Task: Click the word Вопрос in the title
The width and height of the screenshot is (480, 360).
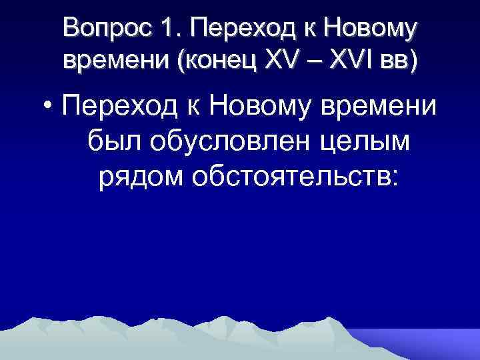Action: [105, 29]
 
